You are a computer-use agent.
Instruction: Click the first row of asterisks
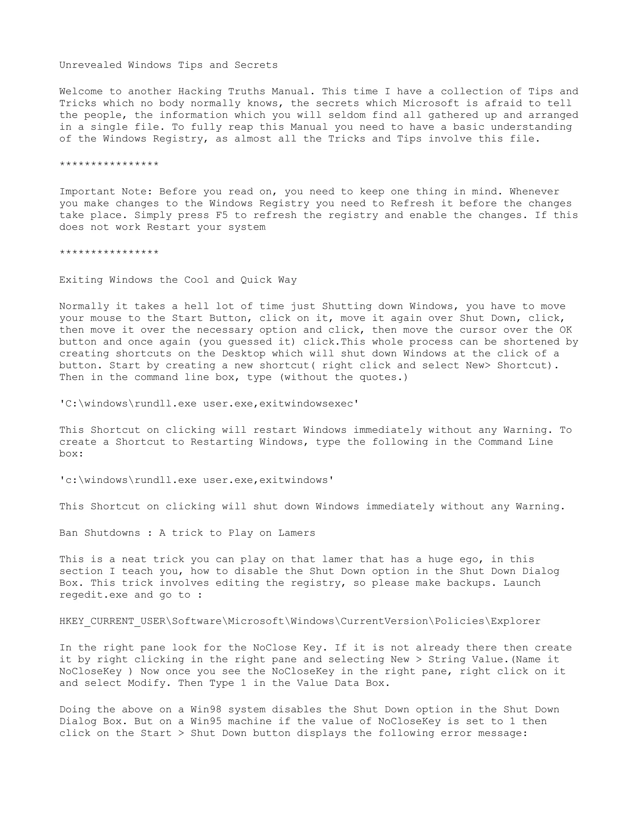[x=109, y=165]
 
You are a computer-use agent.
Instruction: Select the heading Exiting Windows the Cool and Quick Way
[x=178, y=280]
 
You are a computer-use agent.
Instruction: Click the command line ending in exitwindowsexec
[x=209, y=404]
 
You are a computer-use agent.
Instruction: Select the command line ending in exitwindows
[x=197, y=480]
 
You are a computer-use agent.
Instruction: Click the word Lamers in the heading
[x=297, y=533]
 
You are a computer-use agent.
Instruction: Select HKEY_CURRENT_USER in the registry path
[x=112, y=621]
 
